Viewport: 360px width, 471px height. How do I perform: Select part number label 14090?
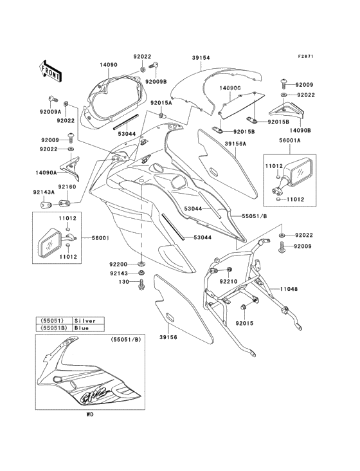109,65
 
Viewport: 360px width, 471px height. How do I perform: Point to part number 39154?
201,57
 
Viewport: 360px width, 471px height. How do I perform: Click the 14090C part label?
229,86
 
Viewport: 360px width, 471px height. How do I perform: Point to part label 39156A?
236,145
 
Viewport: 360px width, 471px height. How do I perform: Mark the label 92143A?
44,191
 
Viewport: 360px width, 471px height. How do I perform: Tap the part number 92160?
68,187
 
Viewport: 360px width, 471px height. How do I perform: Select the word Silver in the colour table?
85,320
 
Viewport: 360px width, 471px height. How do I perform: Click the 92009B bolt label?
156,82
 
